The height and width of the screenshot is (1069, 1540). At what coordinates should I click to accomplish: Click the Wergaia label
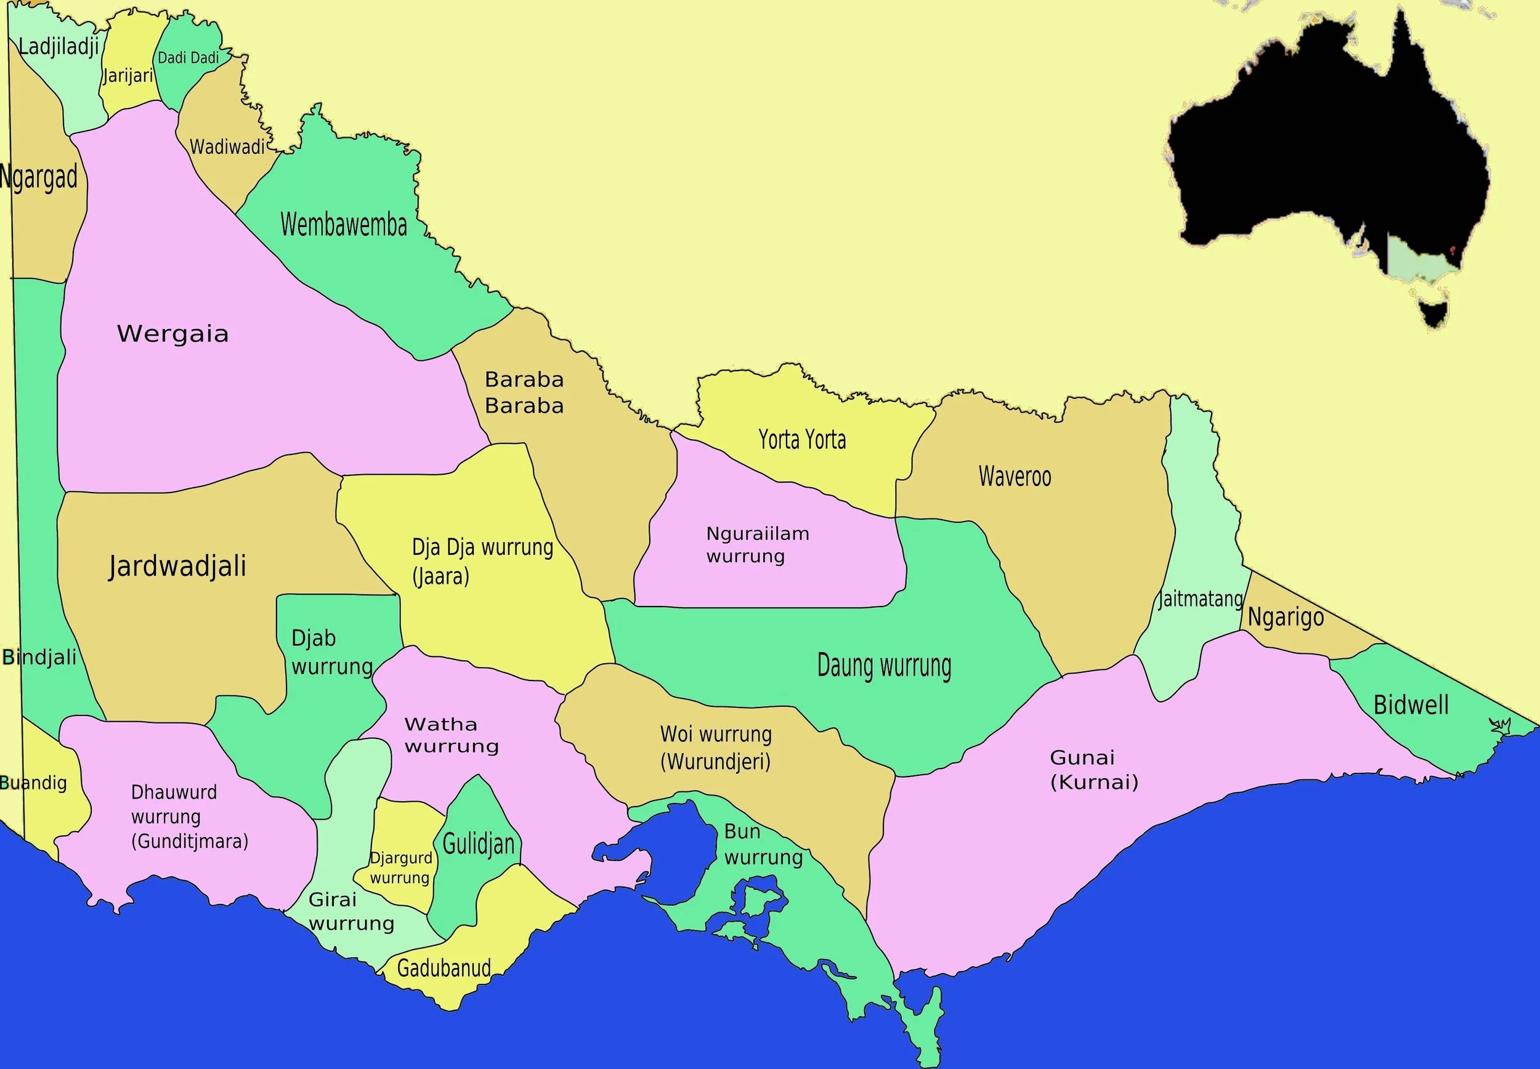coord(173,334)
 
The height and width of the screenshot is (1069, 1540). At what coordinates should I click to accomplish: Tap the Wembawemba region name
coord(344,225)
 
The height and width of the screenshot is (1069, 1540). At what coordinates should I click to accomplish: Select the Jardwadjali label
coord(177,566)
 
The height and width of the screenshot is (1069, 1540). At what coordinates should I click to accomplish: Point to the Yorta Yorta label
coord(802,440)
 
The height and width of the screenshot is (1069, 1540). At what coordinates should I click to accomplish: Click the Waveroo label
coord(1015,476)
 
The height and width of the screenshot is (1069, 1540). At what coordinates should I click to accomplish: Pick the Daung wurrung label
coord(884,666)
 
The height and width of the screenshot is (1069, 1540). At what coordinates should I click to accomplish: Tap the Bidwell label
coord(1411,705)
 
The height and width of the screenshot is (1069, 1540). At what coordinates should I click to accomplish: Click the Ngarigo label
coord(1286,617)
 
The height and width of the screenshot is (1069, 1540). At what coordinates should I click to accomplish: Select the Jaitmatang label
coord(1201,598)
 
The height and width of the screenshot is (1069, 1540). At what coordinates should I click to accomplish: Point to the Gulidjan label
coord(478,845)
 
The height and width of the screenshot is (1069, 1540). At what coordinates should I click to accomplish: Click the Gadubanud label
coord(444,968)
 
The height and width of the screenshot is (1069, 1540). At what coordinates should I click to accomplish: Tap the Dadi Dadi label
coord(188,58)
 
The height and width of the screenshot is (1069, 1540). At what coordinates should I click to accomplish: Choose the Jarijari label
coord(128,76)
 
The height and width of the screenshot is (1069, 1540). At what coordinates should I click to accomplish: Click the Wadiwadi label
coord(228,147)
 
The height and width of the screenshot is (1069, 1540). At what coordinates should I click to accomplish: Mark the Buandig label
coord(33,782)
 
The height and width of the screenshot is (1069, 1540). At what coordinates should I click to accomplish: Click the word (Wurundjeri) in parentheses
coord(715,762)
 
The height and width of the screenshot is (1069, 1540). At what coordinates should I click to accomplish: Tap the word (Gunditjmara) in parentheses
coord(190,841)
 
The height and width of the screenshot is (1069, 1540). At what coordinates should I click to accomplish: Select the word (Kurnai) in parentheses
coord(1094,782)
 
